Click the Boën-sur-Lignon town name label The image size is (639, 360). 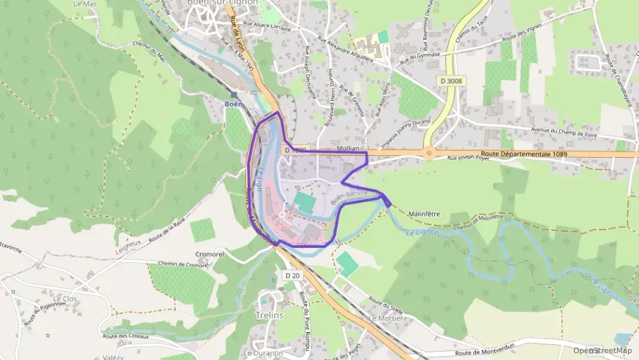pos(212,3)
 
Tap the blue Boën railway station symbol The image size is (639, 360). pos(233,95)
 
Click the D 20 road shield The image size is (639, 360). pos(292,275)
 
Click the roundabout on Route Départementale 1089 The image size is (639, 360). pos(429,153)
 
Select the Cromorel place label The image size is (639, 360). pos(210,254)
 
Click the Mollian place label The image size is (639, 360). pos(347,148)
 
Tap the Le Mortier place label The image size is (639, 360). pos(384,318)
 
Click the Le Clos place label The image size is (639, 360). pos(66,299)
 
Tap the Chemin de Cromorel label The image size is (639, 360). pos(182,264)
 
